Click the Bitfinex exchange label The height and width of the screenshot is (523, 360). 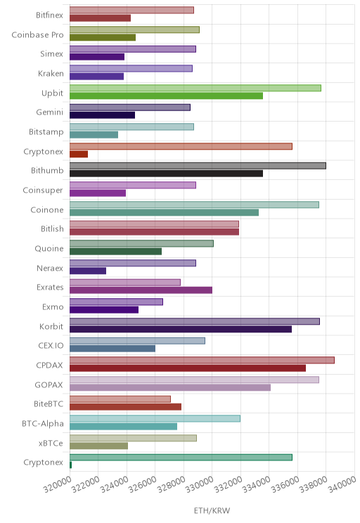(49, 15)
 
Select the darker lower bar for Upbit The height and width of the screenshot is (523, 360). (166, 96)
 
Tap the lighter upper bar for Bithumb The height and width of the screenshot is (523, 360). (198, 165)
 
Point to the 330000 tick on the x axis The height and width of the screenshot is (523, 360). (200, 484)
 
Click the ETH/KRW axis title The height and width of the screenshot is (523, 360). (212, 510)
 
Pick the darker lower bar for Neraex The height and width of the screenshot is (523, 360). (88, 271)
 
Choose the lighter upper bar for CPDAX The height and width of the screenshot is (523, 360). (202, 360)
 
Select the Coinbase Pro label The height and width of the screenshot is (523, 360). (37, 34)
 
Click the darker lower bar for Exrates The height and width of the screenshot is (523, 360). (141, 290)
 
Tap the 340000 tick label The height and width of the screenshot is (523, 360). (342, 484)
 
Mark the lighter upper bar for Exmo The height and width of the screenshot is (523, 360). (116, 302)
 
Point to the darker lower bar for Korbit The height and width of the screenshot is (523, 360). (181, 329)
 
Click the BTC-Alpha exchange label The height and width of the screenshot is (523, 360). (43, 424)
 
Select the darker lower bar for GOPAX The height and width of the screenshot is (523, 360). (170, 387)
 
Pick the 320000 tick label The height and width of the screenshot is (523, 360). (58, 484)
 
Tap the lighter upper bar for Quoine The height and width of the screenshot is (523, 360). (141, 243)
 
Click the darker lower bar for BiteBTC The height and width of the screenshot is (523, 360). (125, 407)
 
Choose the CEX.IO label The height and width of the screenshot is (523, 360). (51, 346)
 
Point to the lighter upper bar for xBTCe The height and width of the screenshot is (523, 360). (133, 438)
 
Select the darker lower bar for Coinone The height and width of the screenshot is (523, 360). (164, 212)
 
